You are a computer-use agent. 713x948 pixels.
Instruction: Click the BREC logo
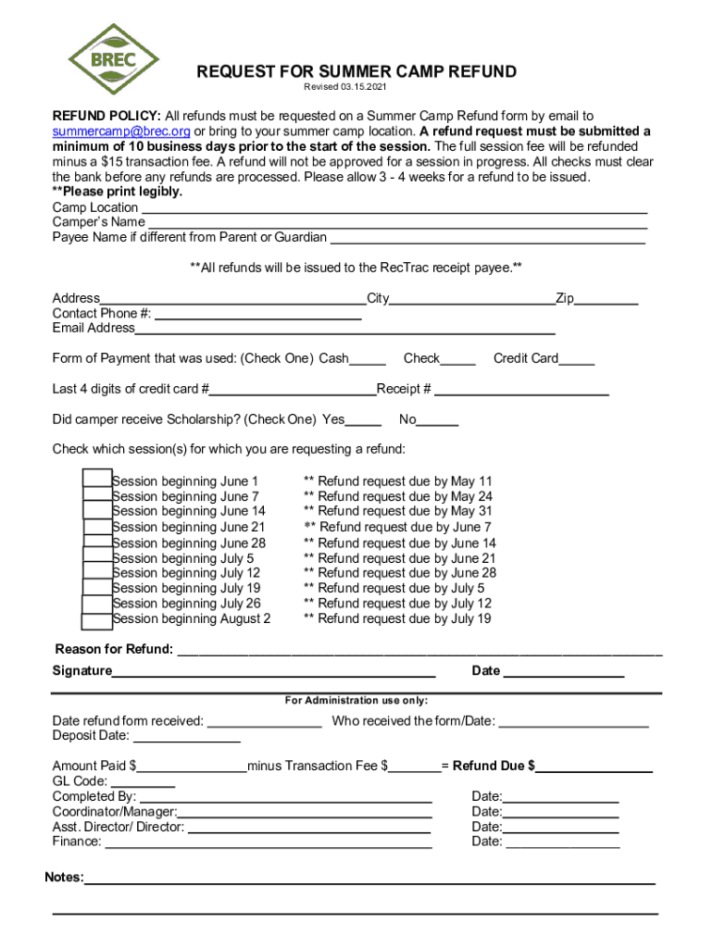coord(113,60)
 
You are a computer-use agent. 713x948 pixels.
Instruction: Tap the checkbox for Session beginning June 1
coord(96,479)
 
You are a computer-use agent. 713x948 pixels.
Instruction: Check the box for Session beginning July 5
coord(96,556)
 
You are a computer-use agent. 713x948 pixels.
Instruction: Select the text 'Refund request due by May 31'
coord(405,511)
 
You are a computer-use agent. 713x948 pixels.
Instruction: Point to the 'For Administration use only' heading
coord(356,701)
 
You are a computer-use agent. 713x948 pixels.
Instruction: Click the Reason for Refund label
coord(114,649)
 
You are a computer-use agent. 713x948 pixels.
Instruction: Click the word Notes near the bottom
coord(64,877)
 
